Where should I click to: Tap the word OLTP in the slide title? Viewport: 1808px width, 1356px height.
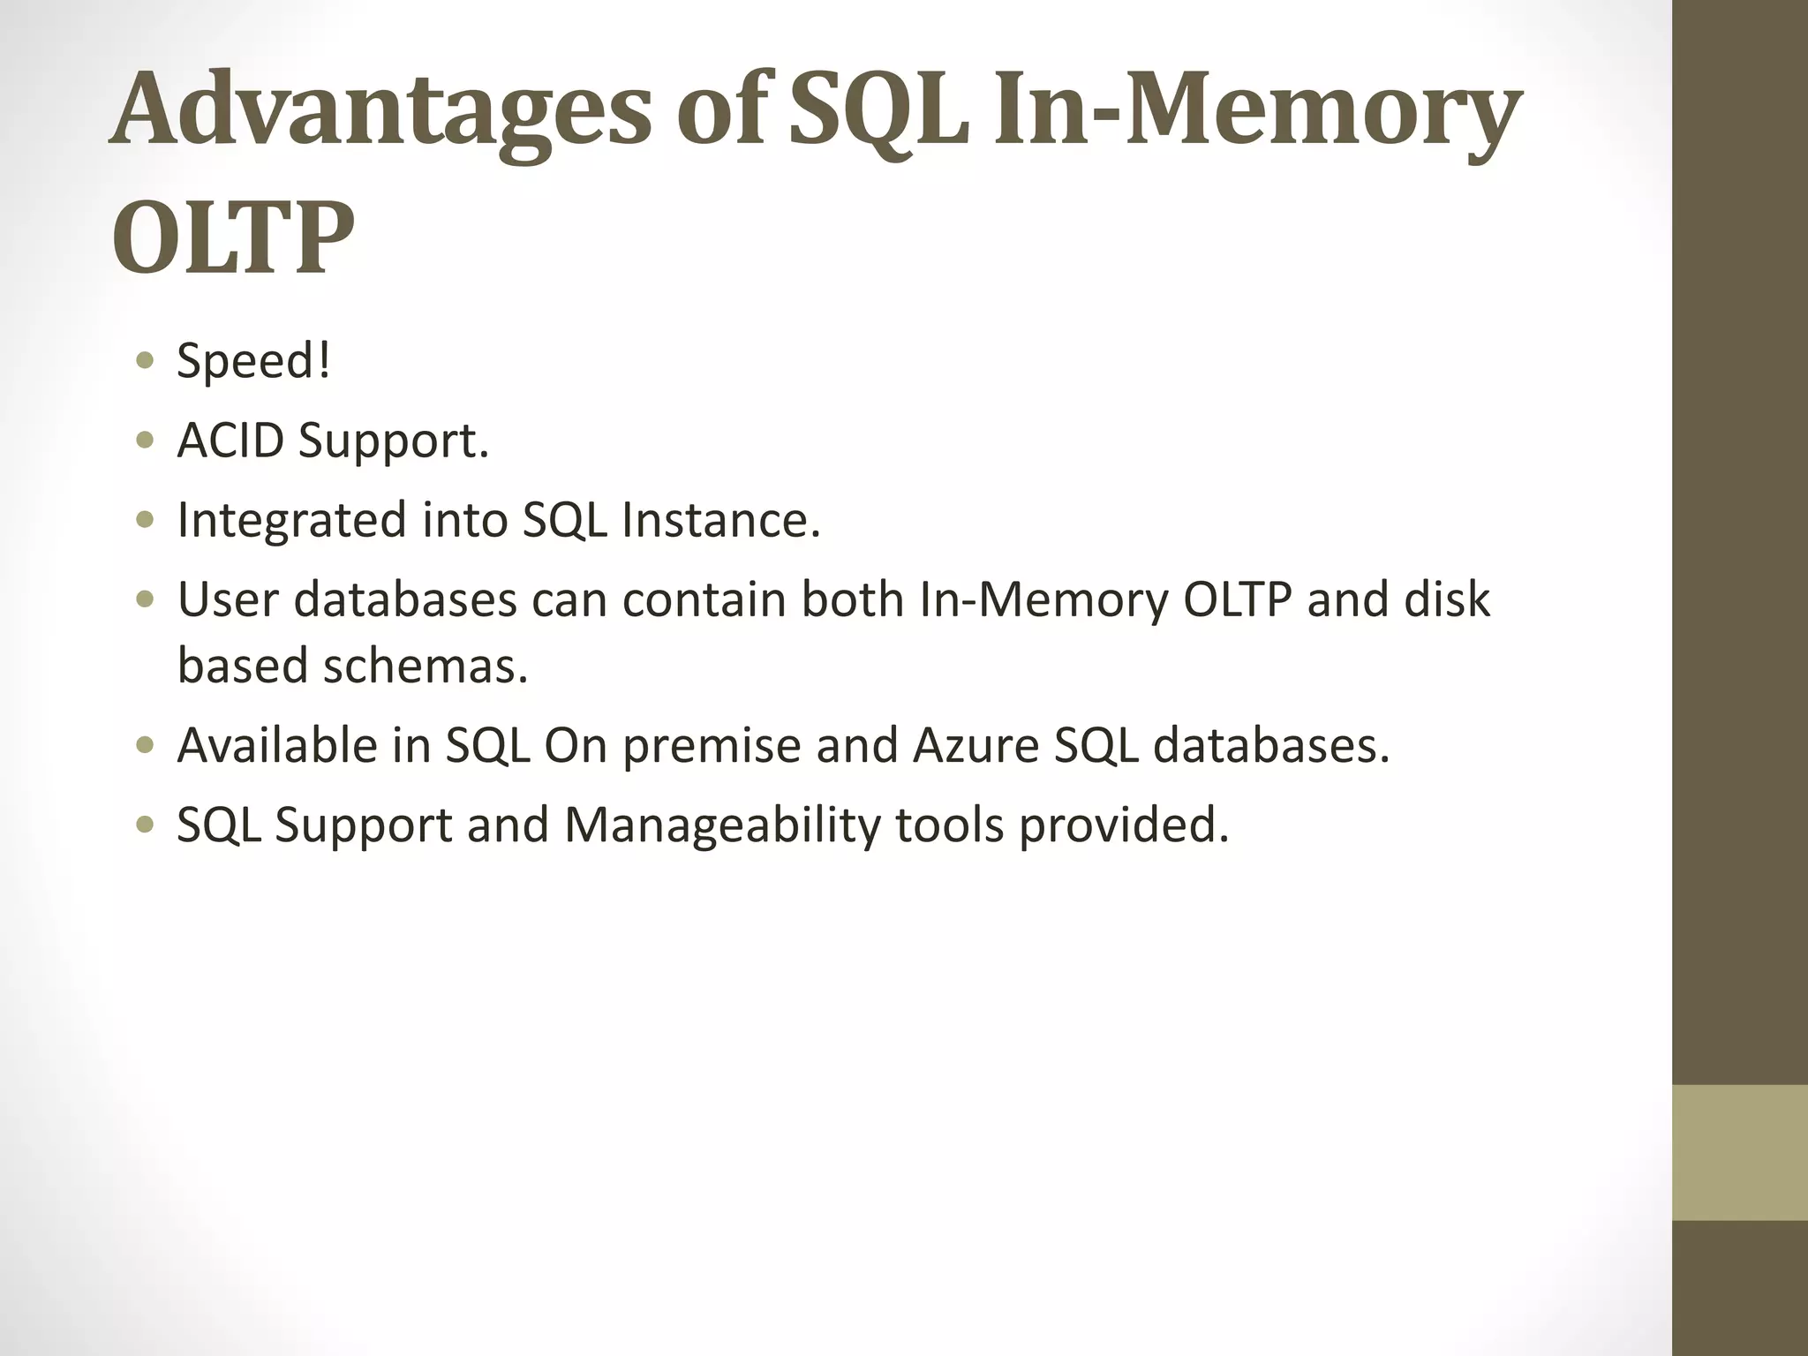point(233,239)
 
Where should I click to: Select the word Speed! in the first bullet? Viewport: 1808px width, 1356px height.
point(254,361)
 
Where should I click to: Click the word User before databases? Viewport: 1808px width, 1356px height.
point(228,599)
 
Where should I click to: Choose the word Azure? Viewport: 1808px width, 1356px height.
point(976,745)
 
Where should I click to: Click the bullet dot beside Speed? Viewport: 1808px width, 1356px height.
point(146,361)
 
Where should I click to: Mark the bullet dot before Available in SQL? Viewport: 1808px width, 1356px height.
point(146,745)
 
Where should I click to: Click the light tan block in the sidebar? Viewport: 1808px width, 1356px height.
point(1739,1152)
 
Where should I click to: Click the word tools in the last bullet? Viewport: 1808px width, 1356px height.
point(950,826)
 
